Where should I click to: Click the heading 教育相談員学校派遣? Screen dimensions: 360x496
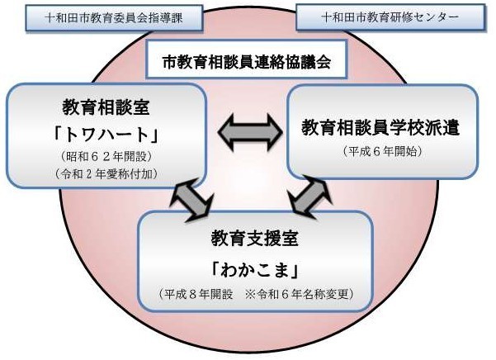coord(380,128)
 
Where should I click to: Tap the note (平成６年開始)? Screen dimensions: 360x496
coord(380,152)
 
